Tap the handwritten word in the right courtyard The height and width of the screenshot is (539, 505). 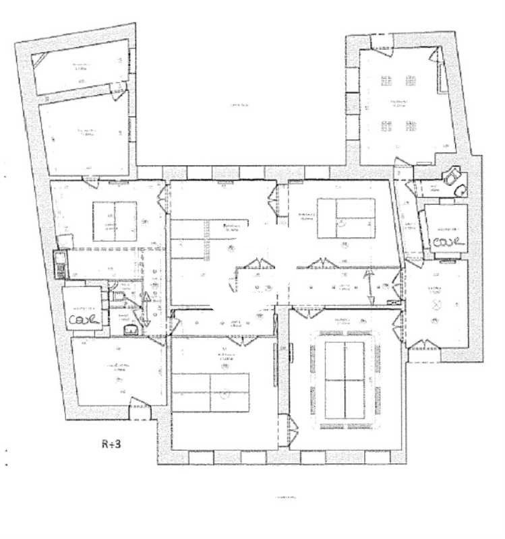pyautogui.click(x=448, y=241)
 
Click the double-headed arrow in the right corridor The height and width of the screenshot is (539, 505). pyautogui.click(x=369, y=286)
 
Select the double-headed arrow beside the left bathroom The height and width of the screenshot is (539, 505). pyautogui.click(x=147, y=308)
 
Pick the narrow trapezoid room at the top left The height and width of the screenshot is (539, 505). pyautogui.click(x=81, y=67)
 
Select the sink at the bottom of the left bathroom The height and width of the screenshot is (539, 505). pyautogui.click(x=131, y=329)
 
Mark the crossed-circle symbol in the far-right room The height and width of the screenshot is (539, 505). pyautogui.click(x=436, y=305)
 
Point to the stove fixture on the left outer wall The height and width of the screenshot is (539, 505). pyautogui.click(x=61, y=263)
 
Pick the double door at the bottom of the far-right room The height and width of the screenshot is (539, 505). pyautogui.click(x=423, y=347)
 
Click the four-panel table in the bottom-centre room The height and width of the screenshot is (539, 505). pyautogui.click(x=210, y=393)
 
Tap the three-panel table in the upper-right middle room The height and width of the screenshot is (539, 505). pyautogui.click(x=346, y=218)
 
